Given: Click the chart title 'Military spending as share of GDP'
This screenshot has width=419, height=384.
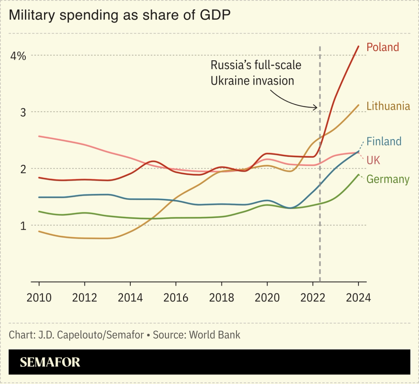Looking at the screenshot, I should (120, 15).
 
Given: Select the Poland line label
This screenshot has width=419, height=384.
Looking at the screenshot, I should (383, 47).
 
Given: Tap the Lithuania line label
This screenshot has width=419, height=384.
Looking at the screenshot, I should (388, 106).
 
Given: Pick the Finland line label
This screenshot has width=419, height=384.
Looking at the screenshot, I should (384, 141).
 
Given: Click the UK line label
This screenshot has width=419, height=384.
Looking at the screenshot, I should (373, 160).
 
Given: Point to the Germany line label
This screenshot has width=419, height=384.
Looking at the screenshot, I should (388, 179).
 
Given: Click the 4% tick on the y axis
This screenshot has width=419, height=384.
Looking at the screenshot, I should (18, 56).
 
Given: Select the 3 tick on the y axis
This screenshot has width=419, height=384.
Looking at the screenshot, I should (23, 112).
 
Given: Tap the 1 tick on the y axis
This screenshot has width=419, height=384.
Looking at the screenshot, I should (23, 226).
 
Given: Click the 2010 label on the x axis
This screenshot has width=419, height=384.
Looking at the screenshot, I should (39, 298).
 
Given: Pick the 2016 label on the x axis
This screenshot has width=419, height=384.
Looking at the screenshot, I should (176, 298).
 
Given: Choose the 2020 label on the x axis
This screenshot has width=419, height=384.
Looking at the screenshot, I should (267, 298).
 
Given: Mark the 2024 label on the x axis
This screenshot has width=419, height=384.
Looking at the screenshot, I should (358, 298).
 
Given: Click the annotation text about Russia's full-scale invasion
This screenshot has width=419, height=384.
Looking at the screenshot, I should (256, 73).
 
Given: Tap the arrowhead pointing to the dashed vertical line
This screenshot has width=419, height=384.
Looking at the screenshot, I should (316, 107).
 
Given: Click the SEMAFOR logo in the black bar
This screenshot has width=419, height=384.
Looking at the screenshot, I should (50, 362).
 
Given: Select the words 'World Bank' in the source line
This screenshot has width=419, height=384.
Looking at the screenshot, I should (215, 335).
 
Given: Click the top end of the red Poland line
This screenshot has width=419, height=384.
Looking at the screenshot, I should (359, 46).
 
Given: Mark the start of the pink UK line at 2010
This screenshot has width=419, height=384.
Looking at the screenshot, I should (39, 136).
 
